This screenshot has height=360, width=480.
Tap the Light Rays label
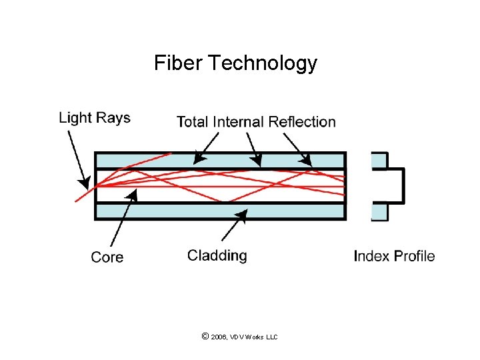pos(95,118)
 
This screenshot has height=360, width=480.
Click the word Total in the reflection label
pos(193,121)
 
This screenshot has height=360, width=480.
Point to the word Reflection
pos(302,121)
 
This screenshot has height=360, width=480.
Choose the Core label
pos(107,257)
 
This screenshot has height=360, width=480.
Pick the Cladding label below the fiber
pos(217,255)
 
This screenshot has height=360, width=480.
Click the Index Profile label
pos(394,256)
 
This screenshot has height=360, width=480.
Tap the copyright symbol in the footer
pos(205,337)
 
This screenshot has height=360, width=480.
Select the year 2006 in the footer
pos(219,337)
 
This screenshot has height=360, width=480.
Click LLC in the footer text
pos(271,337)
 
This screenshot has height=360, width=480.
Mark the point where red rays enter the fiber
pos(96,185)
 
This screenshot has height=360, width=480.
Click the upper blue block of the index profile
pos(379,160)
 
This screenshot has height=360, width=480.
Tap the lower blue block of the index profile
pos(379,211)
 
